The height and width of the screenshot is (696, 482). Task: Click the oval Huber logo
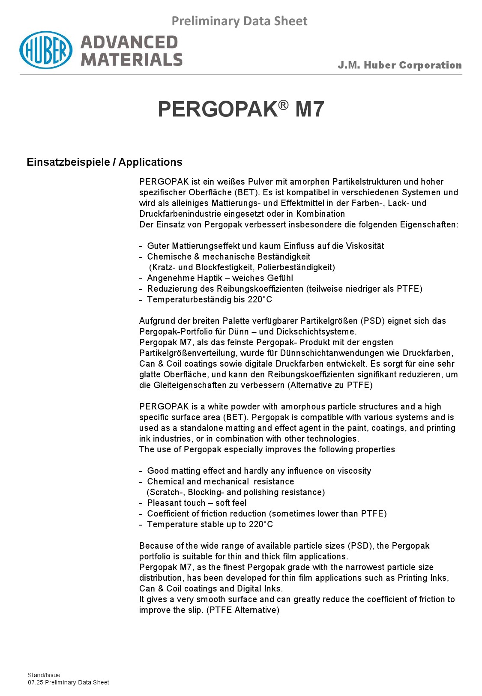[45, 50]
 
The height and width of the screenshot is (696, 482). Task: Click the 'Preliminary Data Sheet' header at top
[239, 21]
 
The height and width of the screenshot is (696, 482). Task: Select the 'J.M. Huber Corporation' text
[399, 65]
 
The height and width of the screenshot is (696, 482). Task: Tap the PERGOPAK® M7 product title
[241, 109]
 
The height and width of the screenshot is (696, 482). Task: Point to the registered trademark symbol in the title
[284, 104]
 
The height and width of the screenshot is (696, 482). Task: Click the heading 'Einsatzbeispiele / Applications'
[105, 162]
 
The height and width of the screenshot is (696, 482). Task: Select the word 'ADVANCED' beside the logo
[129, 42]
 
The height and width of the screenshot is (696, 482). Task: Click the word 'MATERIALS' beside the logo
[132, 60]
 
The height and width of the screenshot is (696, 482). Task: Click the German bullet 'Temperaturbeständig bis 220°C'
[210, 299]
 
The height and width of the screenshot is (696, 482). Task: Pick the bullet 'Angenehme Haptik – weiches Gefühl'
[220, 278]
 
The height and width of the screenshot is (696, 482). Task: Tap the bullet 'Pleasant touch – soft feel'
[197, 503]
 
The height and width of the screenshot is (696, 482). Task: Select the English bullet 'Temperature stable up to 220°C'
[210, 524]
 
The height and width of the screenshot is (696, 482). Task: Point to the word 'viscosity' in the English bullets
[354, 471]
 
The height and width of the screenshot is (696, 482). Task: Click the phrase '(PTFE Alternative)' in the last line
[243, 610]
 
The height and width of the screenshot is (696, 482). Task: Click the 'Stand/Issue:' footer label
[45, 675]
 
